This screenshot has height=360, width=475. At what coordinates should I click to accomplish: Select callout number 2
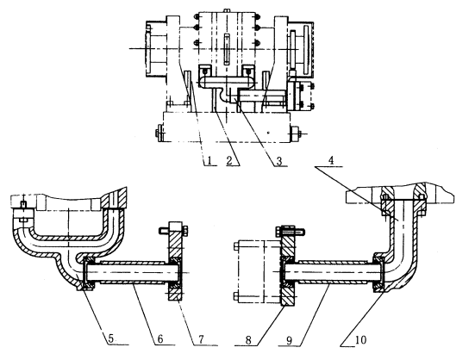(230, 160)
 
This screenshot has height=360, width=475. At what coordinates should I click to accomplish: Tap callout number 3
(279, 161)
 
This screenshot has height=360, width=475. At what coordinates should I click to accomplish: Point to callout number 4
(331, 160)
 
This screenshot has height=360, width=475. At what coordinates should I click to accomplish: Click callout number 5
(111, 338)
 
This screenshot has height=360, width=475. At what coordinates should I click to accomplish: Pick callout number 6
(160, 338)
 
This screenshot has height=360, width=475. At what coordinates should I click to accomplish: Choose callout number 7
(202, 339)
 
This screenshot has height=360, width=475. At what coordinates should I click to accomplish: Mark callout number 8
(248, 340)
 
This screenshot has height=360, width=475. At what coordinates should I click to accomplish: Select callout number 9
(290, 341)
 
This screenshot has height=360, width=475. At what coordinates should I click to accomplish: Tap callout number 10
(360, 340)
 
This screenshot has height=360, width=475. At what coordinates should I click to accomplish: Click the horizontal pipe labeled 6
(134, 272)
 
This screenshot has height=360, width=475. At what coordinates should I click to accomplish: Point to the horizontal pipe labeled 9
(334, 272)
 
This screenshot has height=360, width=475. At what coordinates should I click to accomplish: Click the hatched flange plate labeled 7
(176, 261)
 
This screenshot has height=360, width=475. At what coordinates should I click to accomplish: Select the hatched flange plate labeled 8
(288, 265)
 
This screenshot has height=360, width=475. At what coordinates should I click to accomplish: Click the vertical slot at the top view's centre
(227, 49)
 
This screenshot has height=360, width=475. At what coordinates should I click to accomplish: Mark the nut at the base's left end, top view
(159, 133)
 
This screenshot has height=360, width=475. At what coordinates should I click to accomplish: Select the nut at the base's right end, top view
(295, 133)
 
